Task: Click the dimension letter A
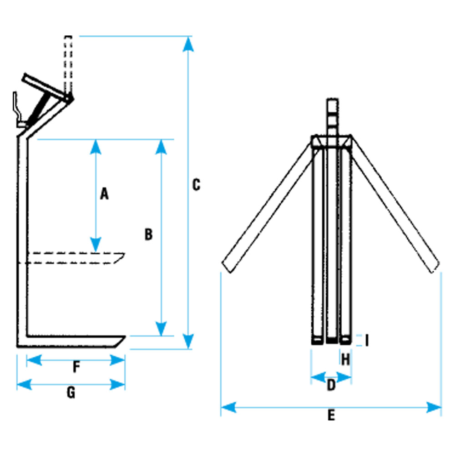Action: (104, 194)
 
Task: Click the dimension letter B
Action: (149, 234)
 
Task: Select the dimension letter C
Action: (197, 185)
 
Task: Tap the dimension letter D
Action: (331, 385)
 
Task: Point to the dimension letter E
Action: (331, 415)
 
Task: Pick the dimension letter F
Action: (76, 367)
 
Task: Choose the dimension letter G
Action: (71, 393)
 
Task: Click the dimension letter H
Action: (346, 359)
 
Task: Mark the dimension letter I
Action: (367, 340)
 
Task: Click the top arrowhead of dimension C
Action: (188, 44)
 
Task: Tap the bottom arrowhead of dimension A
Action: (96, 244)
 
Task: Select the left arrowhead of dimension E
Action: (228, 407)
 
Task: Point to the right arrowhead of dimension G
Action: (117, 385)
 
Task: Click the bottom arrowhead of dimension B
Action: (161, 329)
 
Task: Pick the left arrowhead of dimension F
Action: (34, 360)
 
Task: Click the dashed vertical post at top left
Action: (68, 65)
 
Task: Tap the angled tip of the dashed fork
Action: (124, 254)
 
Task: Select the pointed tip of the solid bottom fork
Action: (125, 337)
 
